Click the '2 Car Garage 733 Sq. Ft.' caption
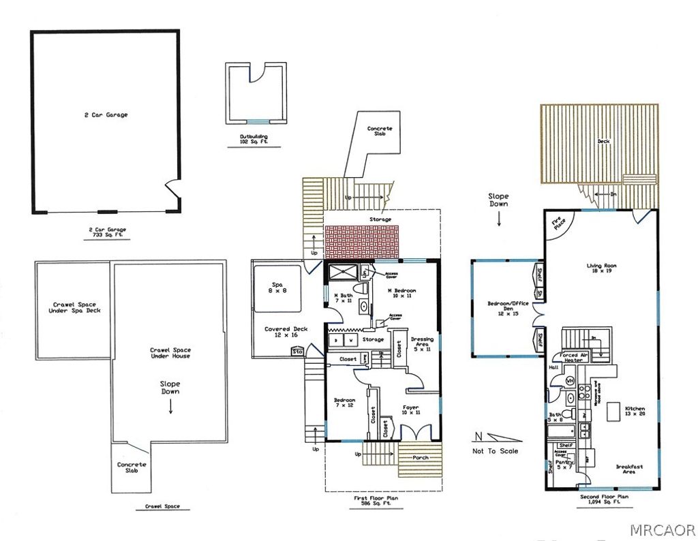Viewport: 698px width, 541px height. click(106, 232)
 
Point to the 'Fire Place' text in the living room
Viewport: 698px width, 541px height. click(557, 223)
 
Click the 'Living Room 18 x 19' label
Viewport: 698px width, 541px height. click(601, 268)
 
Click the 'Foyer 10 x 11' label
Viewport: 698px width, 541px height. click(411, 409)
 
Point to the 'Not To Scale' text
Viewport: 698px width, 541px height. click(495, 450)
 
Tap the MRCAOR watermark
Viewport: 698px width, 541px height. click(662, 529)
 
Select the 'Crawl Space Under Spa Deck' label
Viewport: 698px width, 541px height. click(73, 307)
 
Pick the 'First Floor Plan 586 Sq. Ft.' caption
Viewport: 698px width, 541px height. click(376, 501)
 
